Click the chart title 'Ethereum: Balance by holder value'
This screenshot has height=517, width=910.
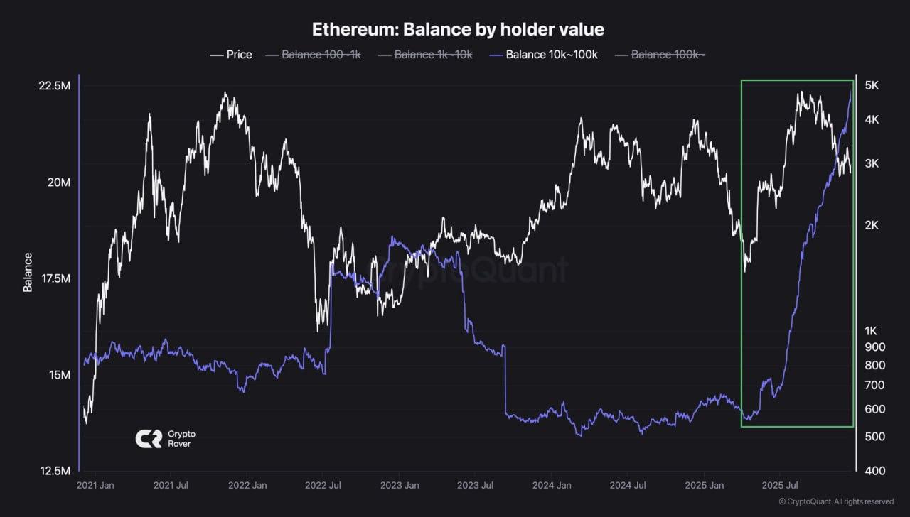[458, 29]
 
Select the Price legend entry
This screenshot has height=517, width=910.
[231, 55]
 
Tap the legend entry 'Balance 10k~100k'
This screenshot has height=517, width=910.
[544, 55]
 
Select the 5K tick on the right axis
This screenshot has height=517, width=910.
[872, 86]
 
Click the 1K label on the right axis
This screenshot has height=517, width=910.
[872, 331]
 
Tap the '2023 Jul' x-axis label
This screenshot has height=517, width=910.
[476, 486]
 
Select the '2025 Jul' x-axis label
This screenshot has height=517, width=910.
[780, 486]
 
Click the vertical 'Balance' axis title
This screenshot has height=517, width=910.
[28, 272]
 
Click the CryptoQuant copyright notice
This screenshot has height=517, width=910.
[836, 501]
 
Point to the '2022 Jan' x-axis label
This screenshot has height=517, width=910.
[247, 486]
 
